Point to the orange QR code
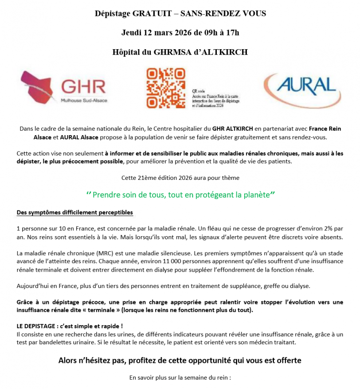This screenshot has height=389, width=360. pyautogui.click(x=165, y=88)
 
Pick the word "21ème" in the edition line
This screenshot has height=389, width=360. pyautogui.click(x=146, y=178)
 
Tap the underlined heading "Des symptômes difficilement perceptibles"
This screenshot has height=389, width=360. pyautogui.click(x=74, y=212)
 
